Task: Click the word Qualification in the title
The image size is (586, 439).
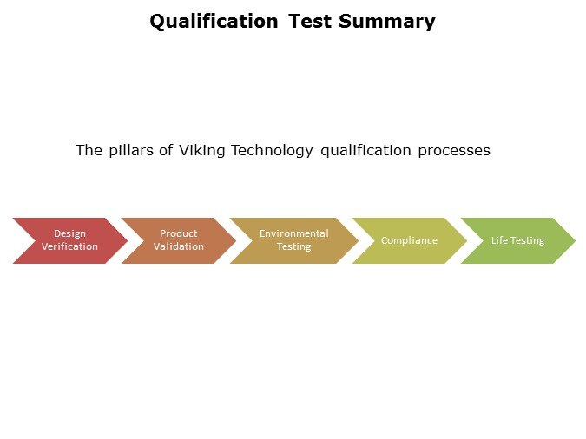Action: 214,22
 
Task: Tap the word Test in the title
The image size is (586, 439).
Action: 310,21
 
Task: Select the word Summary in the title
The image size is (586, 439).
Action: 387,23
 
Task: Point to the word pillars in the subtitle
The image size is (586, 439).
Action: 131,150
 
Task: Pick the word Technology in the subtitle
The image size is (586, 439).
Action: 272,151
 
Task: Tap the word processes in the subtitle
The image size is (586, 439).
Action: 454,151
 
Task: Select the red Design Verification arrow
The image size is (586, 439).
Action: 70,240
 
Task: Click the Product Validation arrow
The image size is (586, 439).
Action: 179,240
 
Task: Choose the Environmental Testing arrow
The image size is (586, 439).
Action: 294,240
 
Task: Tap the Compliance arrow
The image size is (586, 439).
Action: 409,240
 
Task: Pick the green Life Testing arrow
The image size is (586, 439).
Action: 518,240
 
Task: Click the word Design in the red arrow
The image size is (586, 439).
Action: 70,234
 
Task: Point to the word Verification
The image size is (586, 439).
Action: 70,246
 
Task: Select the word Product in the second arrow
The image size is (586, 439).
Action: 179,233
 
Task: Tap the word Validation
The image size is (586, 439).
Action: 179,246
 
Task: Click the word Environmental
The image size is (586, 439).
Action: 294,233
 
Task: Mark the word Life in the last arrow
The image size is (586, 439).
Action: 499,240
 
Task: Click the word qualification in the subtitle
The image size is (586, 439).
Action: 365,151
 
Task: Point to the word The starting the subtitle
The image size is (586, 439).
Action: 89,151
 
